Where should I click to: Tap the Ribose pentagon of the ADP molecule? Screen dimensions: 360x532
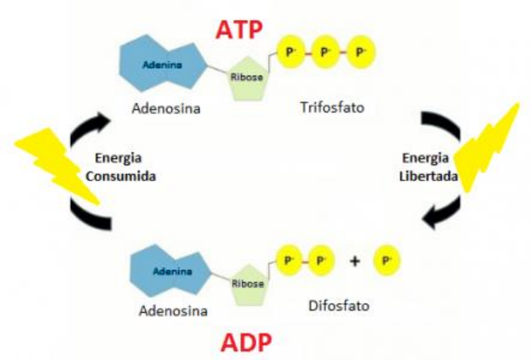click(x=247, y=282)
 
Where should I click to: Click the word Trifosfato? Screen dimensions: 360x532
click(x=333, y=105)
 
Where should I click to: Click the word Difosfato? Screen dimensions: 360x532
click(x=334, y=306)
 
